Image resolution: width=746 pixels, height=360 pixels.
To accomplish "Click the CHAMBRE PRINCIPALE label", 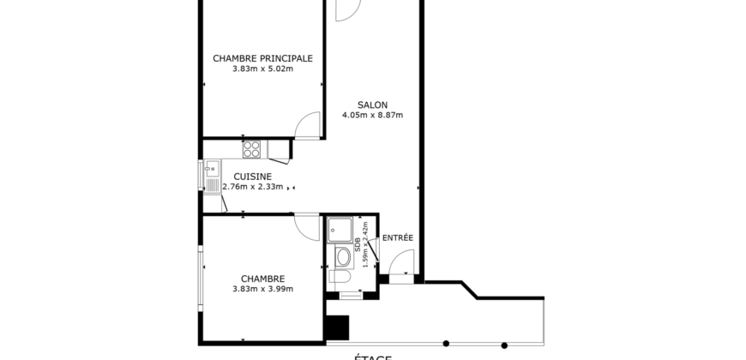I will coord(262,58).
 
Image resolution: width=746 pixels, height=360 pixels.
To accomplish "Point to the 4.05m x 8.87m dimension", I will coord(372,115).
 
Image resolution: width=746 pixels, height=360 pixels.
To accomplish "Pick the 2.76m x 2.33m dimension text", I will coord(253,187).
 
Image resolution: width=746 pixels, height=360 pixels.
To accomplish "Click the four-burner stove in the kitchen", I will coord(252,150).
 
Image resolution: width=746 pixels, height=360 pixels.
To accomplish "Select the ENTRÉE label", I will coord(397,237).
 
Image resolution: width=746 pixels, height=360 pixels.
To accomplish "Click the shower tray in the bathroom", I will coord(340,228).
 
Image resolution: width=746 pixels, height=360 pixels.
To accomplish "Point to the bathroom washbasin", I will coord(343,255).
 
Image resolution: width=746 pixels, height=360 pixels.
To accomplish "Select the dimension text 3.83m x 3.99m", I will coord(262,289).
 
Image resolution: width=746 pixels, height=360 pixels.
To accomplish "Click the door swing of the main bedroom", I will coord(309,127).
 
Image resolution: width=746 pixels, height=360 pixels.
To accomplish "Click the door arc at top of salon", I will coord(346,10).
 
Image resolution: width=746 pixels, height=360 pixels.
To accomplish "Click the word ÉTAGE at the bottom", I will coord(372,356).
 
